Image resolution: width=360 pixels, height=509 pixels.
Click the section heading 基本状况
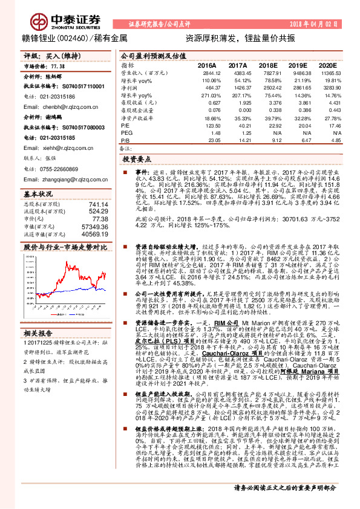[x=39, y=195]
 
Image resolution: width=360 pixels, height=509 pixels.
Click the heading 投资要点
[x=137, y=160]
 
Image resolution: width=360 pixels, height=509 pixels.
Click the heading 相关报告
[x=39, y=334]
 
